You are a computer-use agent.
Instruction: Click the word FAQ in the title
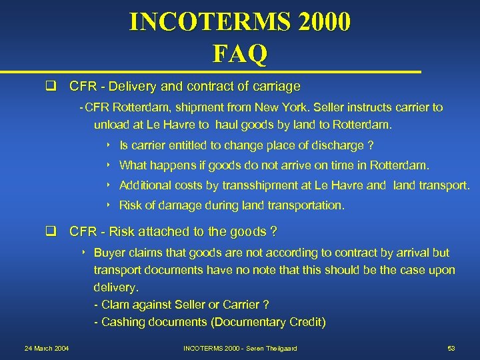point(240,53)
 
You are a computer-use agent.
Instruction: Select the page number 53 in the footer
point(451,349)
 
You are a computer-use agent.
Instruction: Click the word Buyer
point(109,253)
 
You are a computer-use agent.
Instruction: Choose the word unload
point(110,125)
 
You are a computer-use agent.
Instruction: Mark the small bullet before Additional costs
point(107,185)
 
